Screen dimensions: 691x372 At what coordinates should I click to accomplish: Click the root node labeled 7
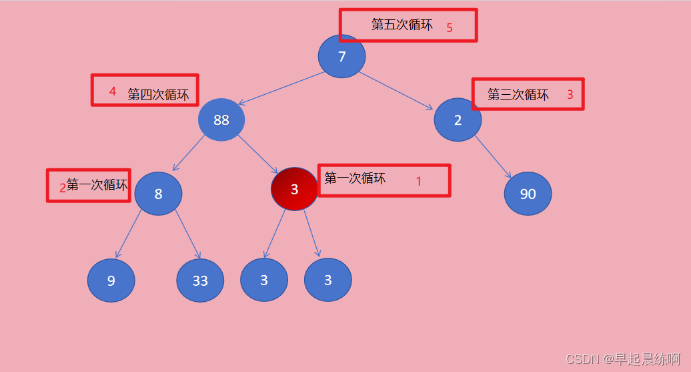(x=341, y=56)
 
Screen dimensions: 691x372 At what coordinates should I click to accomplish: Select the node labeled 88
(x=221, y=120)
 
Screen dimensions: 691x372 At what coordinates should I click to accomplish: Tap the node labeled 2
(x=458, y=120)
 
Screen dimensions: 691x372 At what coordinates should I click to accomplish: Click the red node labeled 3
(x=294, y=189)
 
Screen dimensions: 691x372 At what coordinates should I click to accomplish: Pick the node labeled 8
(x=158, y=194)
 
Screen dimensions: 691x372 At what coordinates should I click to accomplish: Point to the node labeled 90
(x=528, y=194)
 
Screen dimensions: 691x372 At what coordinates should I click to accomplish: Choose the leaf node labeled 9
(x=111, y=281)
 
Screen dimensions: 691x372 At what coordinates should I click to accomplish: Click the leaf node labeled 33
(x=200, y=281)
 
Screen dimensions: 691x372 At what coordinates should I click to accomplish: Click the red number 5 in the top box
(x=450, y=27)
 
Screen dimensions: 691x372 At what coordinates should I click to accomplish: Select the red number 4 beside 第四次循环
(x=112, y=91)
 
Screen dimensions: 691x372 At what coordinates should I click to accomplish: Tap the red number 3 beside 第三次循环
(x=570, y=95)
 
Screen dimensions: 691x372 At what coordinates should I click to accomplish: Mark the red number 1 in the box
(x=419, y=181)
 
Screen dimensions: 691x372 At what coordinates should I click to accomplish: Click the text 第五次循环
(x=402, y=25)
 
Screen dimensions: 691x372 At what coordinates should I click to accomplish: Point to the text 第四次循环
(x=158, y=95)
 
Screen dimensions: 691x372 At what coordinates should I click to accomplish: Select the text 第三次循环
(x=518, y=95)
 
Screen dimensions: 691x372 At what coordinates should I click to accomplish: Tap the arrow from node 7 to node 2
(x=396, y=90)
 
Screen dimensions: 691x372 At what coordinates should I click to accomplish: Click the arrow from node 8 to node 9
(x=128, y=236)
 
